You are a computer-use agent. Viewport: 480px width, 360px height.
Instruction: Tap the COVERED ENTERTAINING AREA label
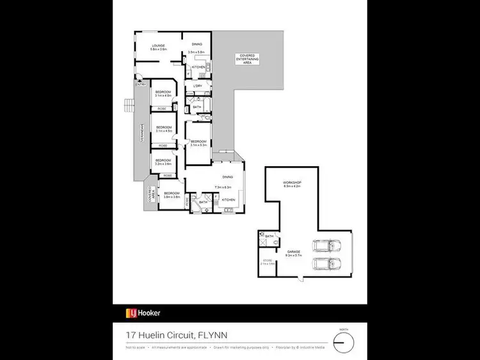pos(247,58)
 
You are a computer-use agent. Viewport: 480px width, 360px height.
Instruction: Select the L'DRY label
pos(198,86)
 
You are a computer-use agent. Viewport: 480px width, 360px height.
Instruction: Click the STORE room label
pos(268,260)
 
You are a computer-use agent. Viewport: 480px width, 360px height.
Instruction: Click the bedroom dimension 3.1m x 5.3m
pos(198,146)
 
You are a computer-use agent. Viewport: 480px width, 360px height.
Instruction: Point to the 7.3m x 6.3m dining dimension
pos(223,187)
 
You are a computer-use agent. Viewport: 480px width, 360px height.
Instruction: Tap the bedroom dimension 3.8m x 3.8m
pos(172,196)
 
